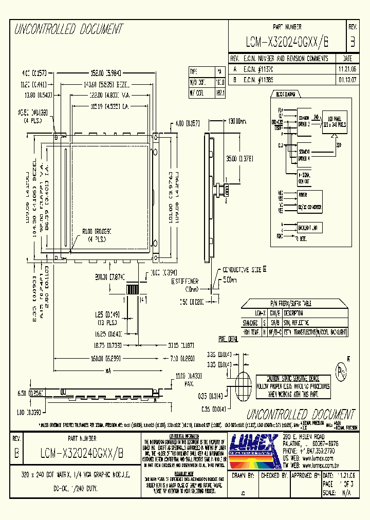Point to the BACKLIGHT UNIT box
309,227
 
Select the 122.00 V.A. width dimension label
110,95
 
